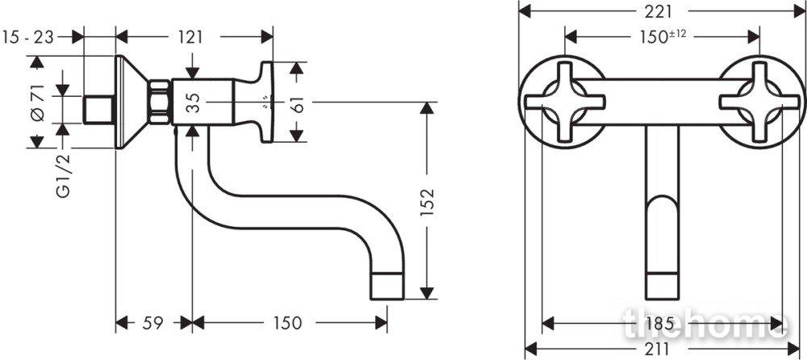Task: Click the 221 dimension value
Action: click(x=663, y=10)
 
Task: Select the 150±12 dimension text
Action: click(x=663, y=36)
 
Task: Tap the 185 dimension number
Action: click(x=663, y=324)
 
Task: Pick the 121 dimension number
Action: click(x=190, y=37)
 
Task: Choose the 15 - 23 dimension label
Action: click(x=27, y=37)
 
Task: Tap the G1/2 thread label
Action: click(x=63, y=176)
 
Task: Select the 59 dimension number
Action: click(x=153, y=324)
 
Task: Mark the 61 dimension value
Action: click(x=296, y=102)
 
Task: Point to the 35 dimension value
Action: click(x=193, y=102)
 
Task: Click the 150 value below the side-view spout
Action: click(x=287, y=324)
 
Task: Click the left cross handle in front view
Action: click(x=565, y=102)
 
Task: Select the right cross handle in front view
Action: click(x=759, y=102)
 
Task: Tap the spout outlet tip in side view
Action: click(x=387, y=287)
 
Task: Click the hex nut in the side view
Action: click(x=160, y=102)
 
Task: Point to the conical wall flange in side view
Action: click(x=132, y=102)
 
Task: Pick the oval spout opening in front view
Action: click(x=663, y=234)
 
